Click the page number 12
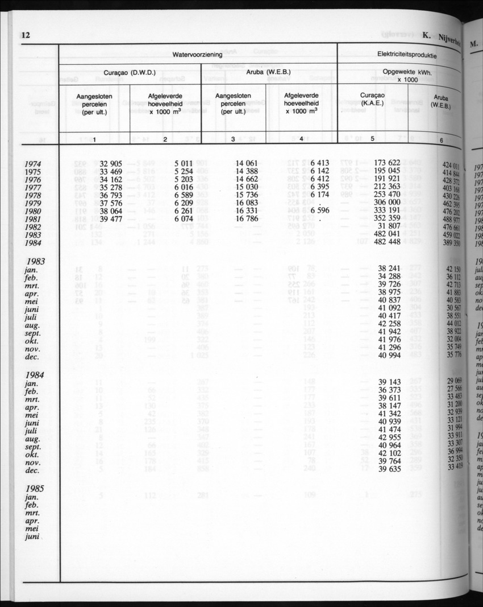click(25, 35)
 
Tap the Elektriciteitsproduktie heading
click(407, 55)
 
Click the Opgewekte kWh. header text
click(407, 72)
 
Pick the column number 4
click(301, 139)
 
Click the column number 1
click(94, 139)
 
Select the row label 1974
click(36, 164)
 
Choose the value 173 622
click(388, 163)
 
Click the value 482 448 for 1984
click(388, 241)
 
